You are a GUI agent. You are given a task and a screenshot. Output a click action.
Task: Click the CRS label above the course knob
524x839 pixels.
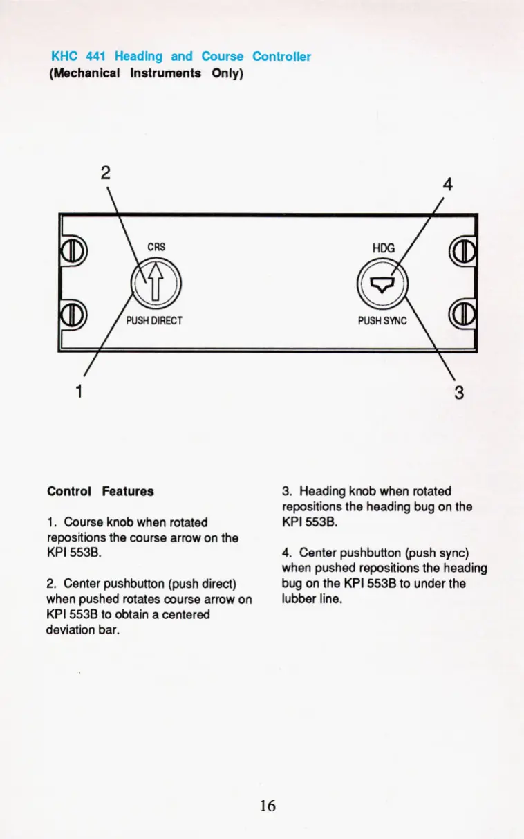(x=156, y=246)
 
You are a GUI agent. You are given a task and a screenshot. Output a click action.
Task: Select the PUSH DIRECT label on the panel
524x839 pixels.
(x=153, y=321)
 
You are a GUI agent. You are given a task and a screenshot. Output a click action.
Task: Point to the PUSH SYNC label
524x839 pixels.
(x=382, y=321)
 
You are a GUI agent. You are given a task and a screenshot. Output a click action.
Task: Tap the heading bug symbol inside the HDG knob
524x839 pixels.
(x=382, y=282)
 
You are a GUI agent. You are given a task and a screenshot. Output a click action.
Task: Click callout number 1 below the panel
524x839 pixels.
(x=79, y=391)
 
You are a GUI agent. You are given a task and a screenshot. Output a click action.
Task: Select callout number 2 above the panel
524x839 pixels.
(x=105, y=173)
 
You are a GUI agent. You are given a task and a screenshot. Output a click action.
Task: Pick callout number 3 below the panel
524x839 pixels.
(x=458, y=393)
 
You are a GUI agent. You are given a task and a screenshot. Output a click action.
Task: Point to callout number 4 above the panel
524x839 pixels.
(x=447, y=185)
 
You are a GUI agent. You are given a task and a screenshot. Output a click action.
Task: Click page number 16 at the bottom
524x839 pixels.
(x=268, y=805)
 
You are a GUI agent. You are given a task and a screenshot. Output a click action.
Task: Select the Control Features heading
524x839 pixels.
(x=100, y=492)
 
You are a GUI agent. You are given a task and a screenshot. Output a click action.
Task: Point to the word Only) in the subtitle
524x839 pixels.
(x=226, y=73)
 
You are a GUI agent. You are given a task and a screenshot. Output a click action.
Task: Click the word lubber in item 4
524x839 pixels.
(x=298, y=598)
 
